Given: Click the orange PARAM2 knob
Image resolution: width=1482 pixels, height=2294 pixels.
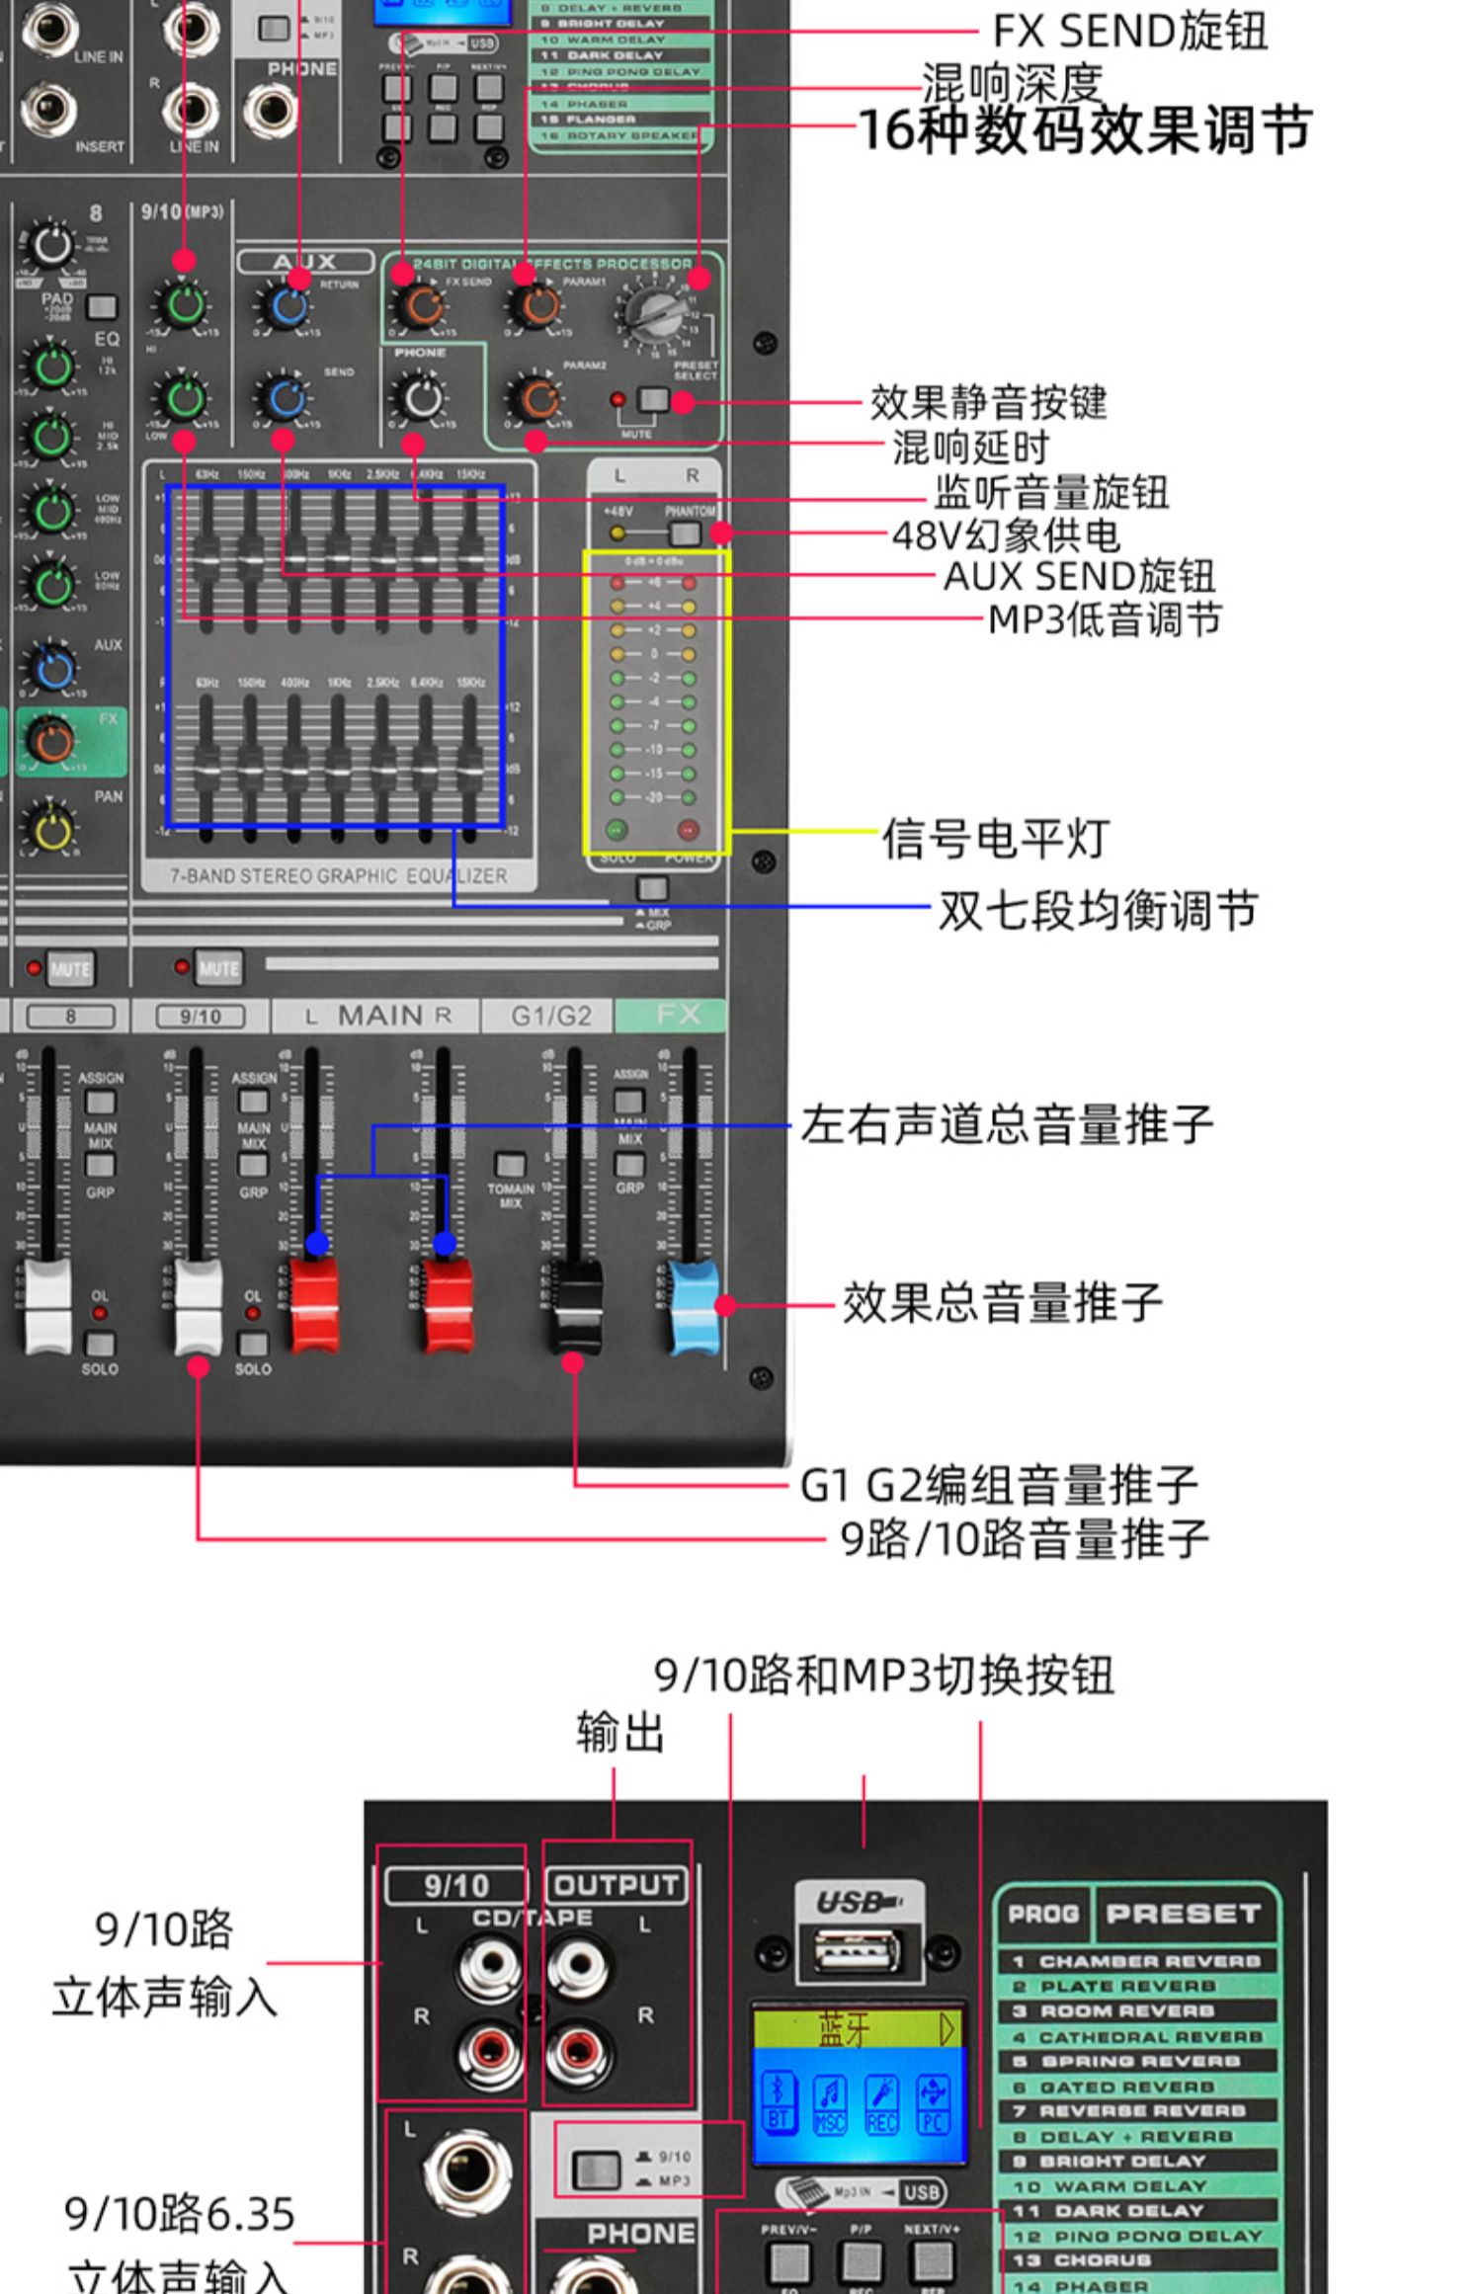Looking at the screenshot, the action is pos(535,399).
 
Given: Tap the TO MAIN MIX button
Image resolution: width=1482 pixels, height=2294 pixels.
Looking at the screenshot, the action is pos(510,1164).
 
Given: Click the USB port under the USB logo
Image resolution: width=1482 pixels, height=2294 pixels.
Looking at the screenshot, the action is pos(857,1952).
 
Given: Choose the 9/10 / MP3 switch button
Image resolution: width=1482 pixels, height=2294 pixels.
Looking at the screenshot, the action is pos(596,2170).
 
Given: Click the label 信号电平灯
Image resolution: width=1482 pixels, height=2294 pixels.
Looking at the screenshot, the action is pos(995,838).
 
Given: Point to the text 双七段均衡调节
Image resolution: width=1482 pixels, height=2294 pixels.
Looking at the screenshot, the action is pos(1097,910).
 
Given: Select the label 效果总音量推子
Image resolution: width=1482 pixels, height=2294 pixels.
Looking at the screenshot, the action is pos(1002,1302).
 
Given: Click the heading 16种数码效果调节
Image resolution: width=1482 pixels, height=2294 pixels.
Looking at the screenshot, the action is pos(1085,130).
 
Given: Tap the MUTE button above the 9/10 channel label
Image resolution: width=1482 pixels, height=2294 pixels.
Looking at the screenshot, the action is pos(218,968).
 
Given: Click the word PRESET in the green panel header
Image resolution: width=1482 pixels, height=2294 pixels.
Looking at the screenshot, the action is pos(1183,1914).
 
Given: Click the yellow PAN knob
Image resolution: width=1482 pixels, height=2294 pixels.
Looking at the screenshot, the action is pos(51,828).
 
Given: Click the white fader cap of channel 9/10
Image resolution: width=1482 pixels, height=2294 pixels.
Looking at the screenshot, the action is pos(198,1306).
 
